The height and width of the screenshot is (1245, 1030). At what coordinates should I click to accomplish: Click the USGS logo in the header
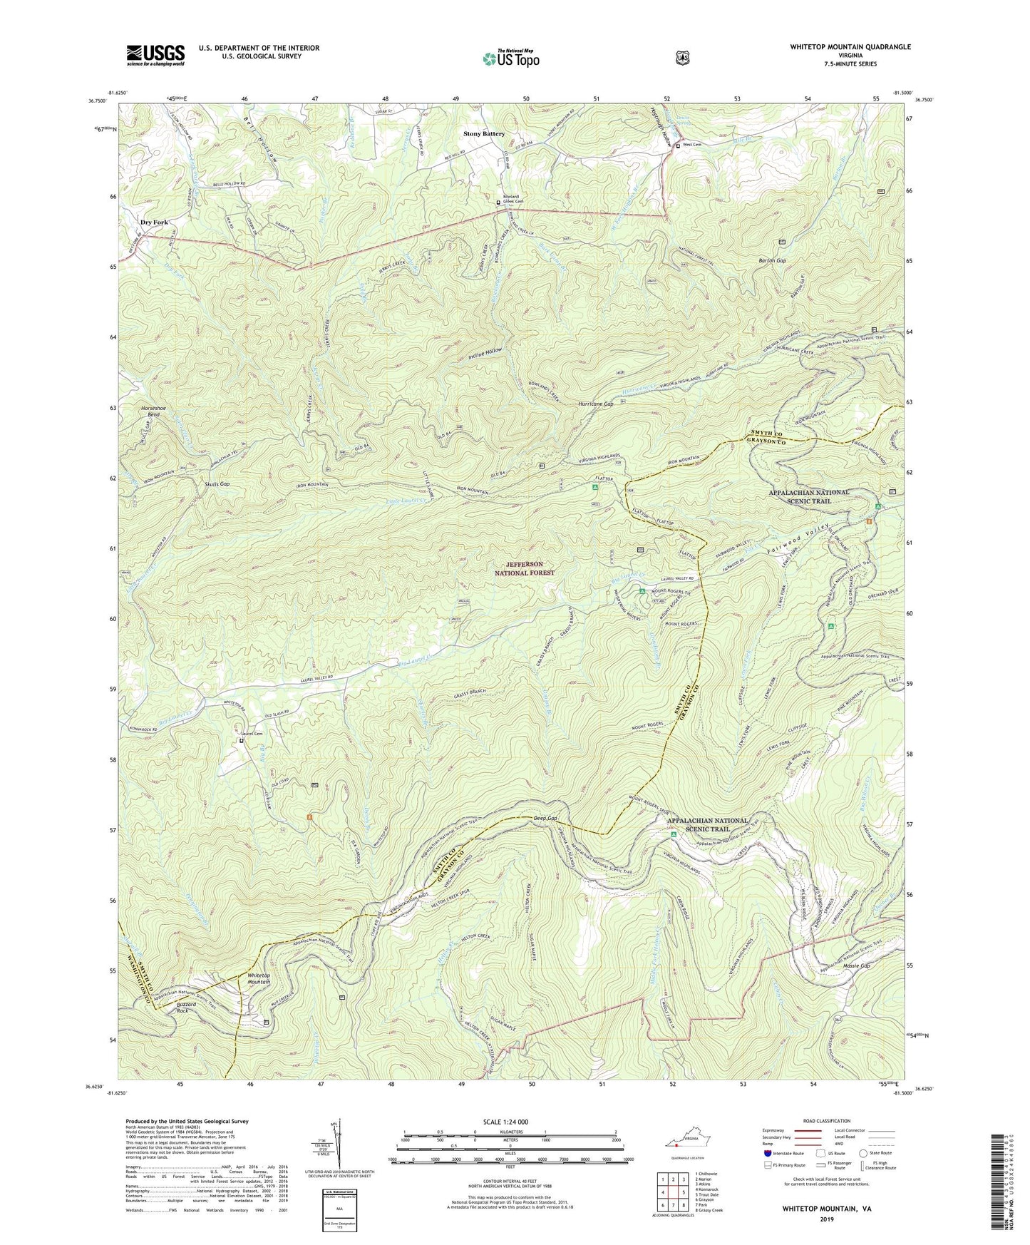click(x=155, y=54)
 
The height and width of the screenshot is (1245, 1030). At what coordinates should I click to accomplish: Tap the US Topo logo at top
click(x=510, y=58)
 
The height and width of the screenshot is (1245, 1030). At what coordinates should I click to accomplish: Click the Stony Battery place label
click(x=484, y=134)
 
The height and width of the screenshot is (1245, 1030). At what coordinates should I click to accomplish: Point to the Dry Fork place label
click(x=154, y=222)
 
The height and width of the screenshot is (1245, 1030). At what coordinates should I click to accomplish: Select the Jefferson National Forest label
click(x=525, y=568)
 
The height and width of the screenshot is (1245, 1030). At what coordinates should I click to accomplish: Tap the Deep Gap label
click(x=545, y=819)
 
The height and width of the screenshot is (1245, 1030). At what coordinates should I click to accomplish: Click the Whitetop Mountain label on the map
click(x=258, y=978)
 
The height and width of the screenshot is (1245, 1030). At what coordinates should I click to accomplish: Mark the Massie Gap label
click(x=855, y=966)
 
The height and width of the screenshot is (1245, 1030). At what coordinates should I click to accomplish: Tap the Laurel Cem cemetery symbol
click(x=242, y=741)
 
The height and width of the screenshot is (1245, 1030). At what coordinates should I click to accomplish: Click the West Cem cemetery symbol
click(x=677, y=145)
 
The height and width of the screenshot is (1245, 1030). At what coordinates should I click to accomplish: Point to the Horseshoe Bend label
click(x=155, y=411)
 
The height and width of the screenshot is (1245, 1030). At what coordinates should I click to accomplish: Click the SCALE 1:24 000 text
click(x=505, y=1122)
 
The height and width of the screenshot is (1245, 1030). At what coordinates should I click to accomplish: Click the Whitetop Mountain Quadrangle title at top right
click(x=850, y=47)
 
